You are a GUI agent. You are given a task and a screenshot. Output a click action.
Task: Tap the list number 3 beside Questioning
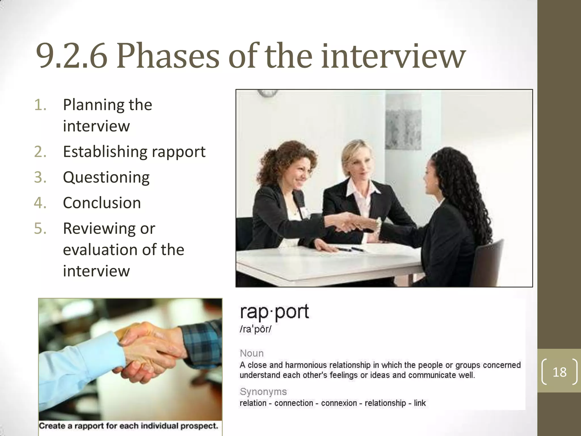pos(40,177)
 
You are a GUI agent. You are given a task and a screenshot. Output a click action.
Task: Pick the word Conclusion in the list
pos(102,203)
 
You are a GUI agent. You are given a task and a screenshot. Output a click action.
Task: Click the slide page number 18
pos(559,372)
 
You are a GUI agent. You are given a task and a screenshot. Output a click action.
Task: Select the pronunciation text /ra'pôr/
pos(255,329)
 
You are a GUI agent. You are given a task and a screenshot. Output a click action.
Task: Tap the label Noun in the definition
pos(252,353)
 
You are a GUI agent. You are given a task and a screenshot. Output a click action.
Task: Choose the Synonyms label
pos(263,392)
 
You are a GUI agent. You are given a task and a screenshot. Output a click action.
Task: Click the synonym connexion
pos(339,403)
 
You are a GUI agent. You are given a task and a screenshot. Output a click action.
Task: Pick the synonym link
pos(420,403)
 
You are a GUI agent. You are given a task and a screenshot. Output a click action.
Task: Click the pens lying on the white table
pos(351,249)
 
